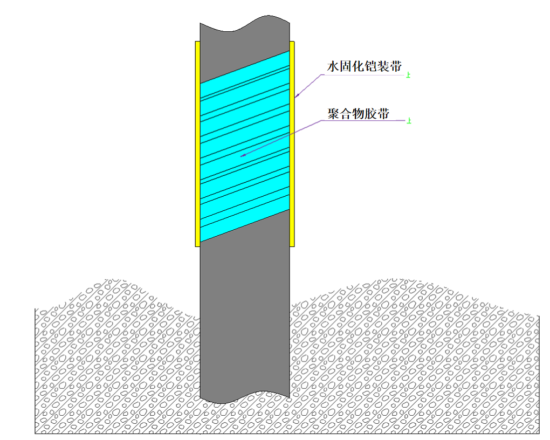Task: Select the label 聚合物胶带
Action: point(359,114)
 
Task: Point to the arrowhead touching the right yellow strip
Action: point(297,96)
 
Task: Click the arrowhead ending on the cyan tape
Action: point(244,155)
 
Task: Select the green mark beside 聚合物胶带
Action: point(410,121)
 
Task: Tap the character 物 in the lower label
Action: point(359,114)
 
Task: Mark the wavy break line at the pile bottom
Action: point(245,397)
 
